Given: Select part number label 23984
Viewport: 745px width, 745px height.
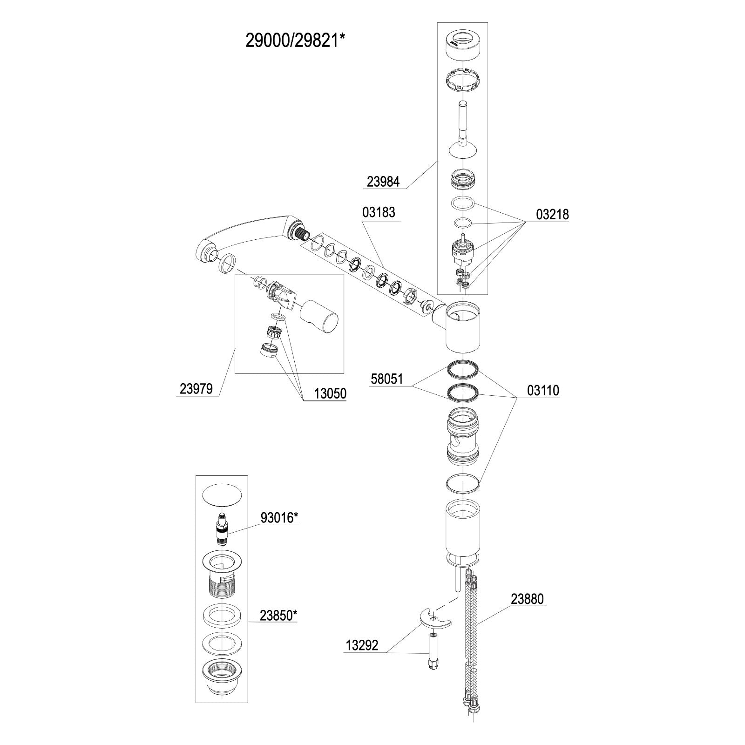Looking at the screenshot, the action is coord(383,182).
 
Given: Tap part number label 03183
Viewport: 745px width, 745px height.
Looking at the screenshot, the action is coord(379,212).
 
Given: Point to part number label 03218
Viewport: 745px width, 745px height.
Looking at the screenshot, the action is coord(552,214).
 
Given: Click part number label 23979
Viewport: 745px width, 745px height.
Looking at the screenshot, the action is coord(196,388).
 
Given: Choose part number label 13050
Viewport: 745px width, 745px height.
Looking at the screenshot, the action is coord(330,393).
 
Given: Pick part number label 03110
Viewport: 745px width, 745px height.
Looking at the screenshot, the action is coord(543,390).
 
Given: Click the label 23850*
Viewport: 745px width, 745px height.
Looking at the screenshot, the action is coord(278,615).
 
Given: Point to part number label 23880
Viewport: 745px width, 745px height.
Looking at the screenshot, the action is coord(527,599).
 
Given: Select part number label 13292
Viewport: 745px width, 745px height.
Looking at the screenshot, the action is coord(362,645).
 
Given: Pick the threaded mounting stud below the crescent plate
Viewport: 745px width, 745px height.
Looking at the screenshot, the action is coord(433,650).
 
